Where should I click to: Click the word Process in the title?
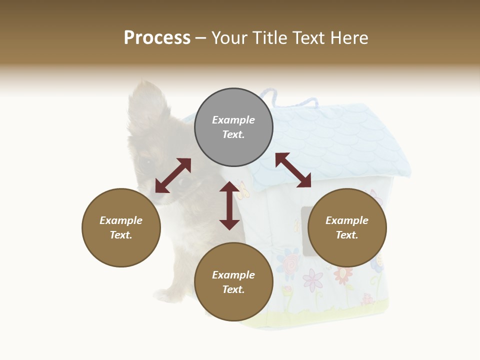pos(157,38)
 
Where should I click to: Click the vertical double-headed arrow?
pos(229,205)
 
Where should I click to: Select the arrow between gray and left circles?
pos(173,175)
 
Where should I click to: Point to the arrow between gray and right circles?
pos(293,170)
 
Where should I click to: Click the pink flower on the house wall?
pos(313,279)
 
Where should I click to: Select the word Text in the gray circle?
pos(233,134)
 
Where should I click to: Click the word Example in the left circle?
pos(121,220)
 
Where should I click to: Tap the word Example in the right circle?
pos(347,220)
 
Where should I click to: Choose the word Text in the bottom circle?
pos(233,289)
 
